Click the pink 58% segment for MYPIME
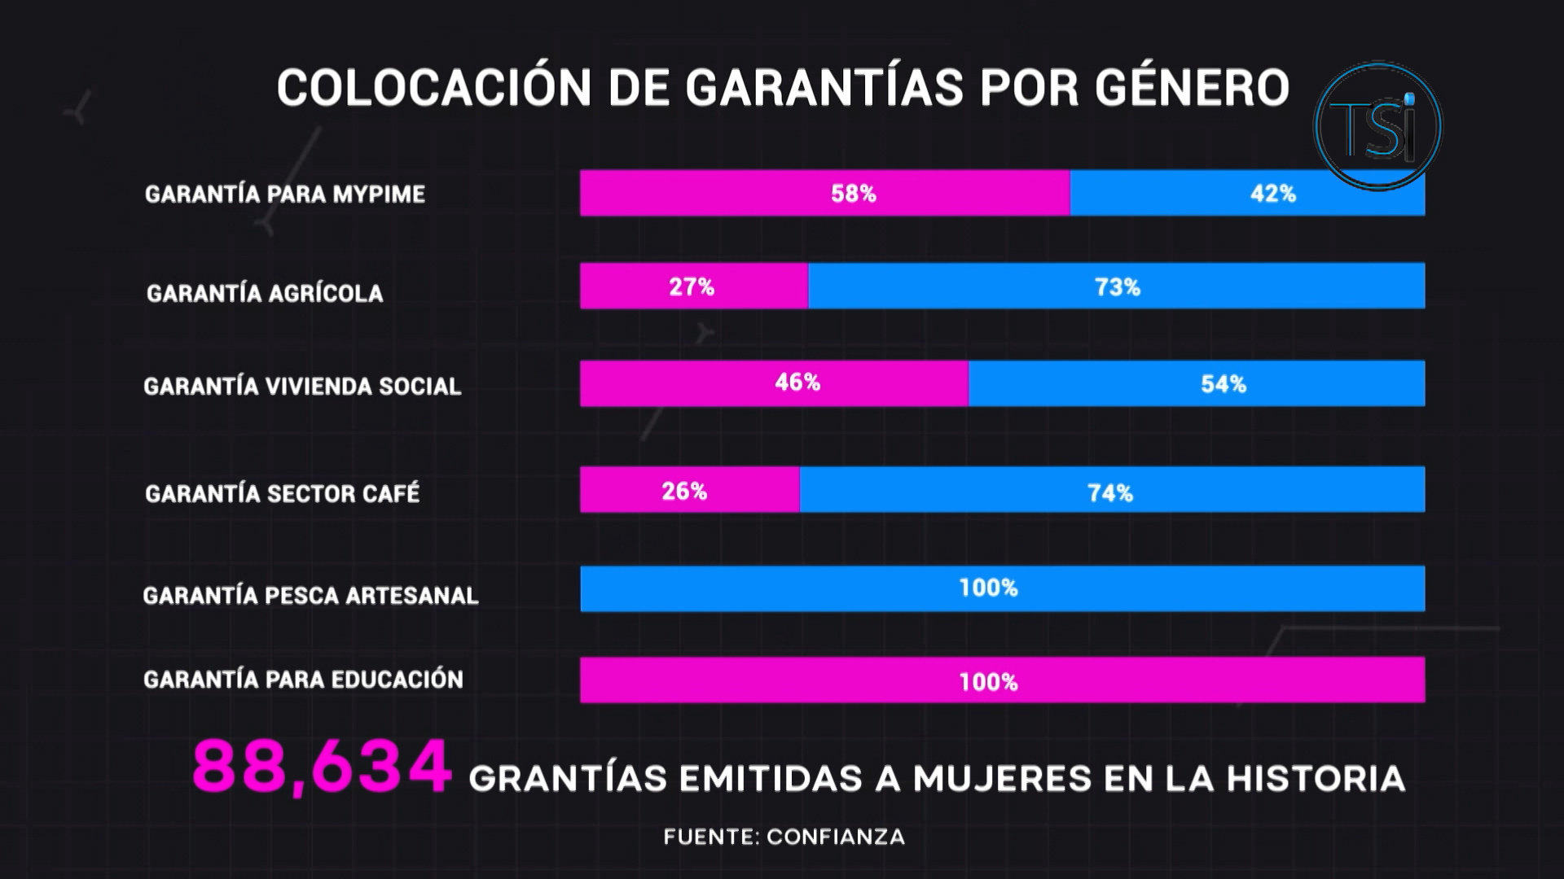tap(824, 193)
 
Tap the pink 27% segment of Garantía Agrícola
tap(693, 286)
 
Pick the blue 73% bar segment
tap(1116, 286)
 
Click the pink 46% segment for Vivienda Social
tap(774, 383)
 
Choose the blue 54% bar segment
tap(1196, 383)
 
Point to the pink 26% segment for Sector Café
tap(689, 489)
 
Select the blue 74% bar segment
tap(1111, 489)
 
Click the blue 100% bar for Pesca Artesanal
tap(1002, 588)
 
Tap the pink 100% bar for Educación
tap(1002, 680)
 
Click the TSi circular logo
tap(1377, 126)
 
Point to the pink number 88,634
tap(321, 767)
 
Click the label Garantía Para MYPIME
tap(285, 195)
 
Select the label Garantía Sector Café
tap(282, 493)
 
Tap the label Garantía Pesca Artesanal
tap(310, 596)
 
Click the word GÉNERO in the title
tap(1192, 88)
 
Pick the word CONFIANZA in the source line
tap(835, 837)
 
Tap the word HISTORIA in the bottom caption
tap(1316, 779)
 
